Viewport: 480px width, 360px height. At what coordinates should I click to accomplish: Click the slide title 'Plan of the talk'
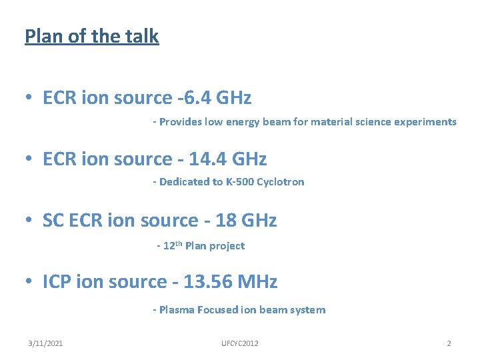(x=92, y=35)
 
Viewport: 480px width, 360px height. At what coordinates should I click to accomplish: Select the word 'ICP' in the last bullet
(x=57, y=282)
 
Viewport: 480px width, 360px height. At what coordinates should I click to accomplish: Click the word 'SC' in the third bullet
(x=53, y=221)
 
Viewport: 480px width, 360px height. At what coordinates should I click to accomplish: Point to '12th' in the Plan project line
(x=172, y=245)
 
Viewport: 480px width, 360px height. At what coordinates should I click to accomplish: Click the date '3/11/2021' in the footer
(x=46, y=343)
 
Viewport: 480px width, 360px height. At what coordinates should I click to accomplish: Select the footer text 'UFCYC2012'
(x=240, y=343)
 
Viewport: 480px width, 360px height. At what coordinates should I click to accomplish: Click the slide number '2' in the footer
(x=449, y=343)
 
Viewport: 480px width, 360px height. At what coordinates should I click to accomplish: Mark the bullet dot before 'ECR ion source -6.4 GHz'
(x=29, y=99)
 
